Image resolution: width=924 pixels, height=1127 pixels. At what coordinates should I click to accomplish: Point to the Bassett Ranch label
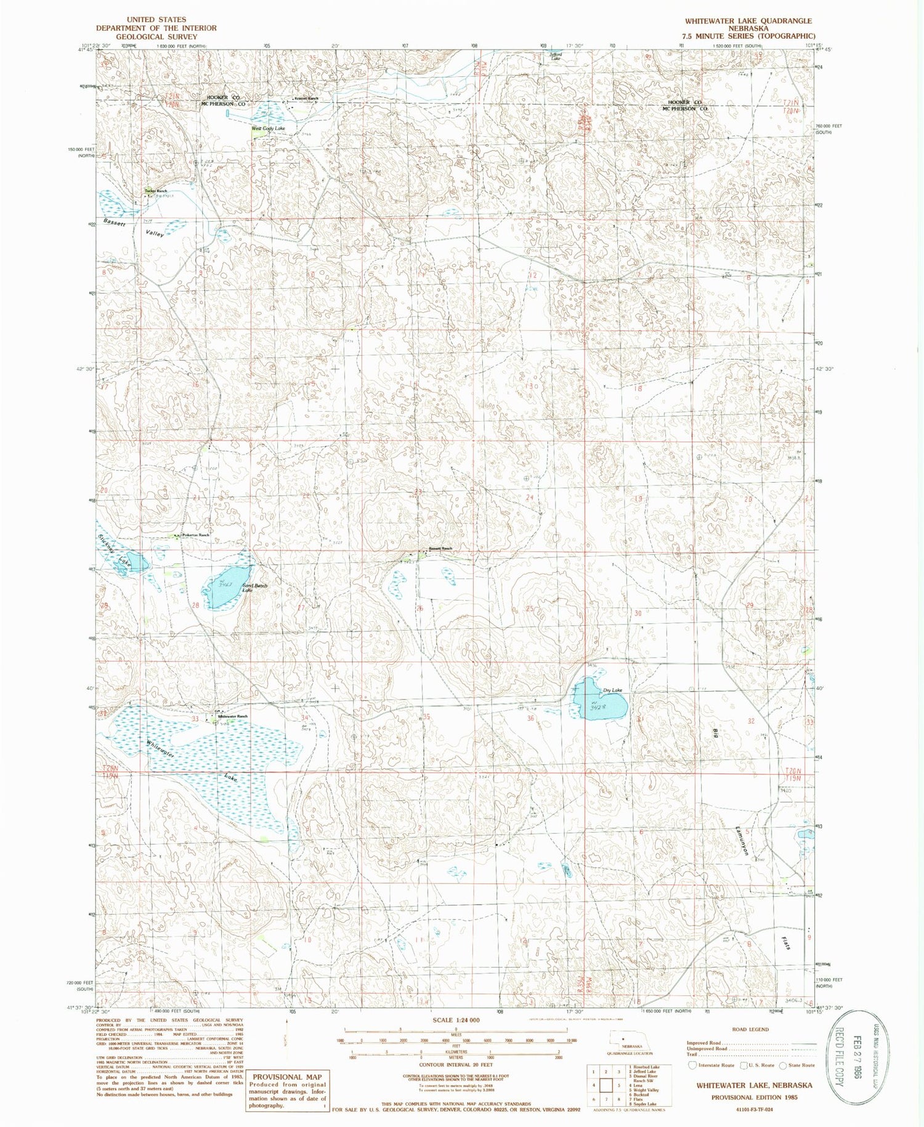[x=440, y=549]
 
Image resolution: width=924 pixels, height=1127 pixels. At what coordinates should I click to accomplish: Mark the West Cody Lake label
[x=268, y=128]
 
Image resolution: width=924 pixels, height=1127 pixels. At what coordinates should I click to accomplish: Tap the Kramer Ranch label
[x=306, y=99]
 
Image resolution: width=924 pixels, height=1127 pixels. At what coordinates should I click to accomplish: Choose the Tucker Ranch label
[x=156, y=191]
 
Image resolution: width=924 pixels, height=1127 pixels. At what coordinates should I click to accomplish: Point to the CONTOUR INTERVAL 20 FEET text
[x=456, y=1064]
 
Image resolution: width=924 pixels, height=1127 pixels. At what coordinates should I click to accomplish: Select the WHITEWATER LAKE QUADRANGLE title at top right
[x=748, y=21]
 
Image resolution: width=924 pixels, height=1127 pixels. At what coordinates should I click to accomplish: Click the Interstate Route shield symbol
[x=692, y=1065]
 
